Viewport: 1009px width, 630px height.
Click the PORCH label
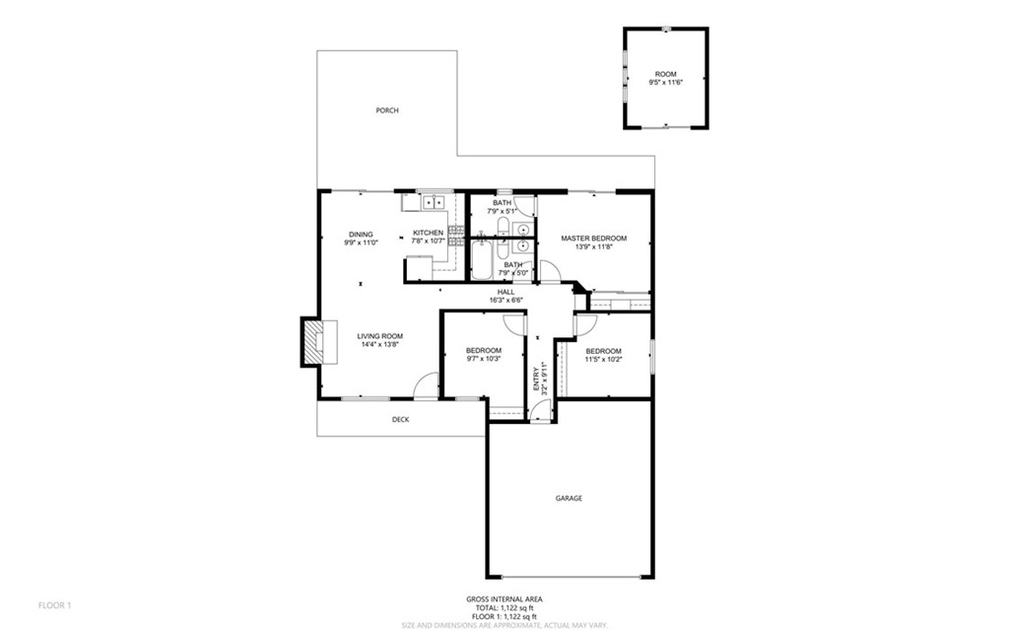click(387, 110)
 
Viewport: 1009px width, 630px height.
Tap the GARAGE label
click(569, 498)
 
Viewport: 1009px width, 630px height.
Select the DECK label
click(400, 419)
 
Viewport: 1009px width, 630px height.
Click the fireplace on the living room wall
click(311, 341)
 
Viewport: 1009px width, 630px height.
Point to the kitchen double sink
click(433, 203)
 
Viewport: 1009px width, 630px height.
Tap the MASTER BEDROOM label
click(593, 238)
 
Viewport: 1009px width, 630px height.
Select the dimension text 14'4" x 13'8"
click(379, 345)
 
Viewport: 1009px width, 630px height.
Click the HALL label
click(505, 292)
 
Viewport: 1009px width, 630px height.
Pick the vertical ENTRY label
click(537, 379)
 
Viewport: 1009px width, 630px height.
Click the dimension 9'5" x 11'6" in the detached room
click(666, 83)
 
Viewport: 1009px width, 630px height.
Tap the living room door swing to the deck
click(426, 385)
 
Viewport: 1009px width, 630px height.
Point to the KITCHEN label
click(428, 233)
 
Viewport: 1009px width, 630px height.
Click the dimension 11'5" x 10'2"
click(603, 360)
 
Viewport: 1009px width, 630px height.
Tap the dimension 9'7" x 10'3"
click(483, 359)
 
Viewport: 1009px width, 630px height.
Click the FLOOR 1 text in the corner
click(54, 604)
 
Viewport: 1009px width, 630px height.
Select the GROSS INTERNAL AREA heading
click(504, 598)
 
